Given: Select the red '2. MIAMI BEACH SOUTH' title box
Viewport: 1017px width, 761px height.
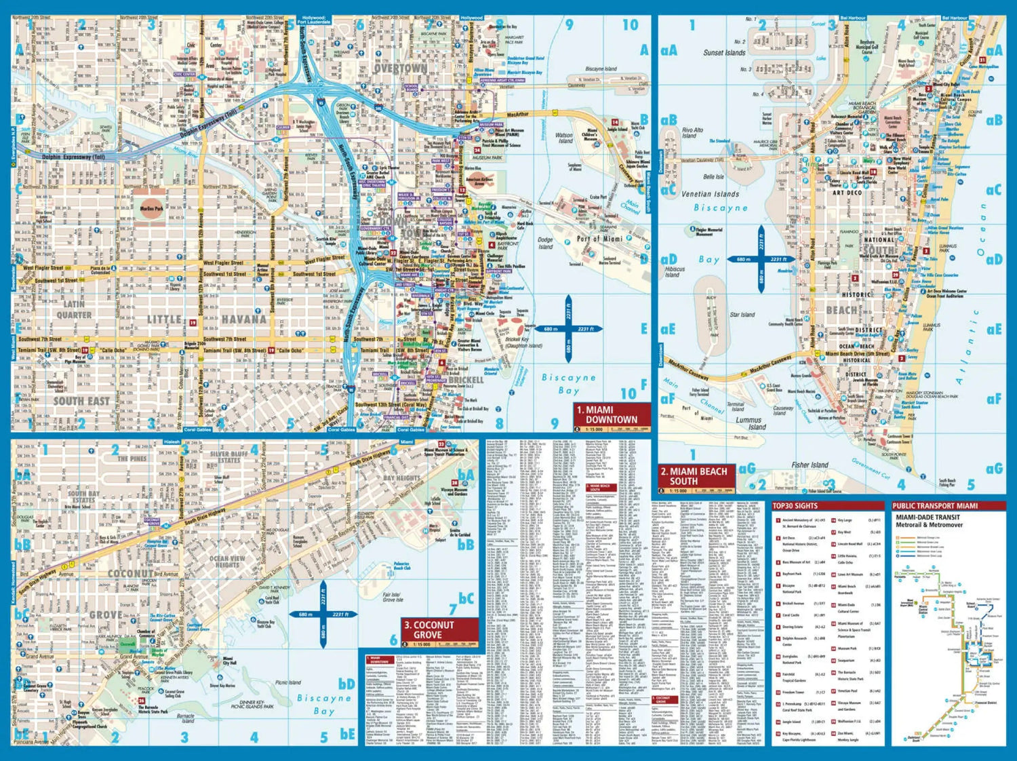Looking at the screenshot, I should pos(696,475).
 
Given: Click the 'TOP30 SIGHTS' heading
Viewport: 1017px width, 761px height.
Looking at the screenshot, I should pos(796,505).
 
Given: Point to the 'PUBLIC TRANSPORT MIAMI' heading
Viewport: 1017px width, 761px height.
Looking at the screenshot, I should pos(935,505).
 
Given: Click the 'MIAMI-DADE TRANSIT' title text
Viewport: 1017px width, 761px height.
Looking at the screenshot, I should pos(928,517).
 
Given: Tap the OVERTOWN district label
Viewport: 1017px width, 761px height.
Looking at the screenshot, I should pos(401,69).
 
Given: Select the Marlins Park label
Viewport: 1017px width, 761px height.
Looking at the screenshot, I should pos(151,208).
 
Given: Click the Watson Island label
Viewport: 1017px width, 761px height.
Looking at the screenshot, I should pos(564,138).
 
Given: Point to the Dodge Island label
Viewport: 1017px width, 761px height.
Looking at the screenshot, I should pos(545,243).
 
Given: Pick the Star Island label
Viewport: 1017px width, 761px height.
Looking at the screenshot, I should pos(742,315).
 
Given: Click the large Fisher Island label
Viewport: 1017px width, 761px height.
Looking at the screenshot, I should pos(810,465).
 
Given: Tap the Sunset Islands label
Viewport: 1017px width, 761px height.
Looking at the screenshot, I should pos(724,52).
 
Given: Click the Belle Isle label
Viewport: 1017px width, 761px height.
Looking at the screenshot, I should pos(713,177).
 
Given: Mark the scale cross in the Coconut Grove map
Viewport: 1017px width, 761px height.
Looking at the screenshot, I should pos(323,614).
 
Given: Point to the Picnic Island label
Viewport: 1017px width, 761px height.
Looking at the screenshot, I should pos(288,682).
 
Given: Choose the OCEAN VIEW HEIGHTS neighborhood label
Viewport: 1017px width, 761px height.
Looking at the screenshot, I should pos(227,562).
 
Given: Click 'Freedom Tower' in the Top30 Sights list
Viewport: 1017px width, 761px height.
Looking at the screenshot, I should pos(793,692).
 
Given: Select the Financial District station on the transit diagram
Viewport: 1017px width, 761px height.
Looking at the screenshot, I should pos(985,703).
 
